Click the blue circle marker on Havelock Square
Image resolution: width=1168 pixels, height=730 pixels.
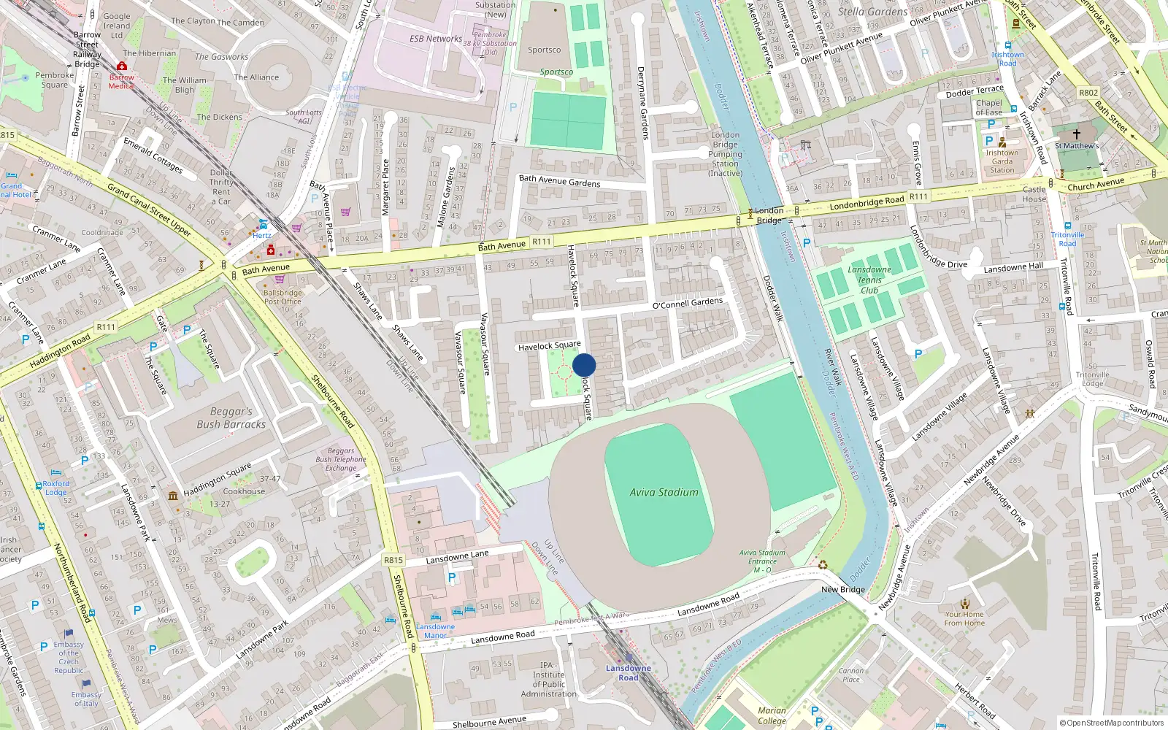click(584, 365)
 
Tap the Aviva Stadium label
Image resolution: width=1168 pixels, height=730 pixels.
click(664, 493)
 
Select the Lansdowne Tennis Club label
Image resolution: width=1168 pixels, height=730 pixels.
click(869, 280)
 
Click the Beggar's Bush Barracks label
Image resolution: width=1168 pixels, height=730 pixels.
click(231, 418)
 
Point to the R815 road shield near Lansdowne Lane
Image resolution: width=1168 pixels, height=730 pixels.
click(393, 560)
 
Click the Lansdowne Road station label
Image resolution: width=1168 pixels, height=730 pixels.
click(628, 673)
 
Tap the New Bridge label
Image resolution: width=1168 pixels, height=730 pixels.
click(842, 590)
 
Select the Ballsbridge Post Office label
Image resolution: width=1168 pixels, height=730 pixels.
click(283, 296)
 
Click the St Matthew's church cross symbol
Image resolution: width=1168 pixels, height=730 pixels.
click(1076, 134)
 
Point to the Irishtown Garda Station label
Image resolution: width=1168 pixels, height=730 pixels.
click(1002, 161)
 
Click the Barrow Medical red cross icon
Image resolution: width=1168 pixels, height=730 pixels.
click(122, 66)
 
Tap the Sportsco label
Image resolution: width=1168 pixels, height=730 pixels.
click(545, 50)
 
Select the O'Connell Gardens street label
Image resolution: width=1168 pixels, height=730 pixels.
click(687, 304)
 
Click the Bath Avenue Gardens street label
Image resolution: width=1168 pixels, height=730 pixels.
click(559, 180)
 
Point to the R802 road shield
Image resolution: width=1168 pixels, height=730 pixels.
click(1088, 93)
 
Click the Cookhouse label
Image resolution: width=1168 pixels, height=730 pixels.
click(244, 491)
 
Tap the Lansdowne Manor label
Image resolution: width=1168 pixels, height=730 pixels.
click(435, 631)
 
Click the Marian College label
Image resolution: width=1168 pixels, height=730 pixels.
click(772, 715)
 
